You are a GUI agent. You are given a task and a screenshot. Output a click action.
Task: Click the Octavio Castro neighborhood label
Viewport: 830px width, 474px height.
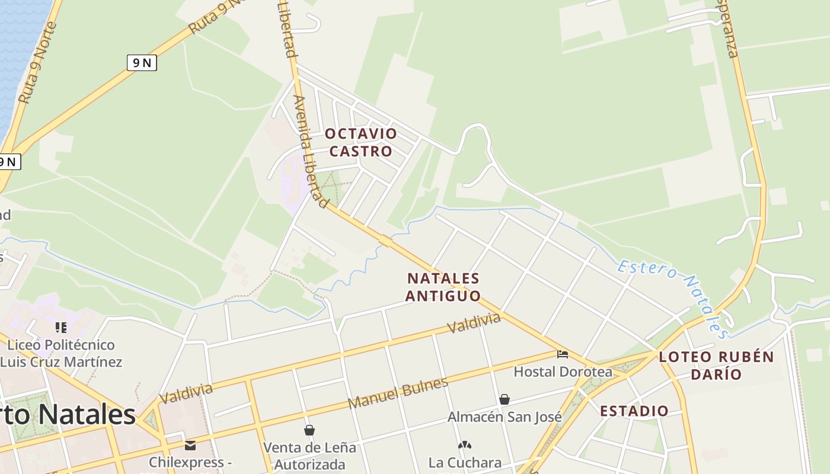click(x=360, y=142)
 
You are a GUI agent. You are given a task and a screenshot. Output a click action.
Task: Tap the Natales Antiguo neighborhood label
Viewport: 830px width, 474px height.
click(x=443, y=287)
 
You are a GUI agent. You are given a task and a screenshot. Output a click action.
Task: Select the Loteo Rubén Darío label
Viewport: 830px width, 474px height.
click(x=716, y=365)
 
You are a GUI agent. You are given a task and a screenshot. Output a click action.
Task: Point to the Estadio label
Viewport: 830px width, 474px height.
click(x=634, y=411)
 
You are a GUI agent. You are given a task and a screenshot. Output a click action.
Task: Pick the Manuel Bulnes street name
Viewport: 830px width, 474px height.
click(x=398, y=393)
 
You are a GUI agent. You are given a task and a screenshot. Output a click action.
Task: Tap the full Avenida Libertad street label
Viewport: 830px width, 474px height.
click(x=311, y=152)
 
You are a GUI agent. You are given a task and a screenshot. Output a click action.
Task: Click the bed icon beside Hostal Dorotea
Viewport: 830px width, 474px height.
click(x=563, y=354)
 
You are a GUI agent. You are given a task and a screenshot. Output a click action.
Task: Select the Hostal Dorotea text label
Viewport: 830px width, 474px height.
click(x=563, y=371)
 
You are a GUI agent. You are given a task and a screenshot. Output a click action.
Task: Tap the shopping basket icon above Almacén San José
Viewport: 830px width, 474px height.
click(x=505, y=399)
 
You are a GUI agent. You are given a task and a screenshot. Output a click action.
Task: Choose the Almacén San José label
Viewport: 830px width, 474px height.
click(x=505, y=417)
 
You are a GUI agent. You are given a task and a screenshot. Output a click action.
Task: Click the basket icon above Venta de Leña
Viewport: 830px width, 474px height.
click(x=309, y=430)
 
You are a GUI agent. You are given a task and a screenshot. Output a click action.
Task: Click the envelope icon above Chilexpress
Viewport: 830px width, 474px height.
click(x=190, y=445)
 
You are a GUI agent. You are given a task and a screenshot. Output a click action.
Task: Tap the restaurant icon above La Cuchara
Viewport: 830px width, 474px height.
click(x=465, y=445)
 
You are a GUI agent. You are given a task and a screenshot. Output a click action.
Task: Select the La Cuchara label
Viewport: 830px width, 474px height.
click(x=465, y=462)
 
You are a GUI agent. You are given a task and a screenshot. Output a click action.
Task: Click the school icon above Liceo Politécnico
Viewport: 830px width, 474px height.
click(x=60, y=327)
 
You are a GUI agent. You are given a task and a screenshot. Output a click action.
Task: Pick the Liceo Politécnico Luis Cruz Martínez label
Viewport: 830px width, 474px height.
click(x=60, y=353)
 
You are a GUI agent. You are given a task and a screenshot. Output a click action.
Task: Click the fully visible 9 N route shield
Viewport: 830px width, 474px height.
click(x=142, y=62)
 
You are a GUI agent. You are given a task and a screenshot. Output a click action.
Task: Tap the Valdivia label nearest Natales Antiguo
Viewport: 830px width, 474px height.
click(x=474, y=323)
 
